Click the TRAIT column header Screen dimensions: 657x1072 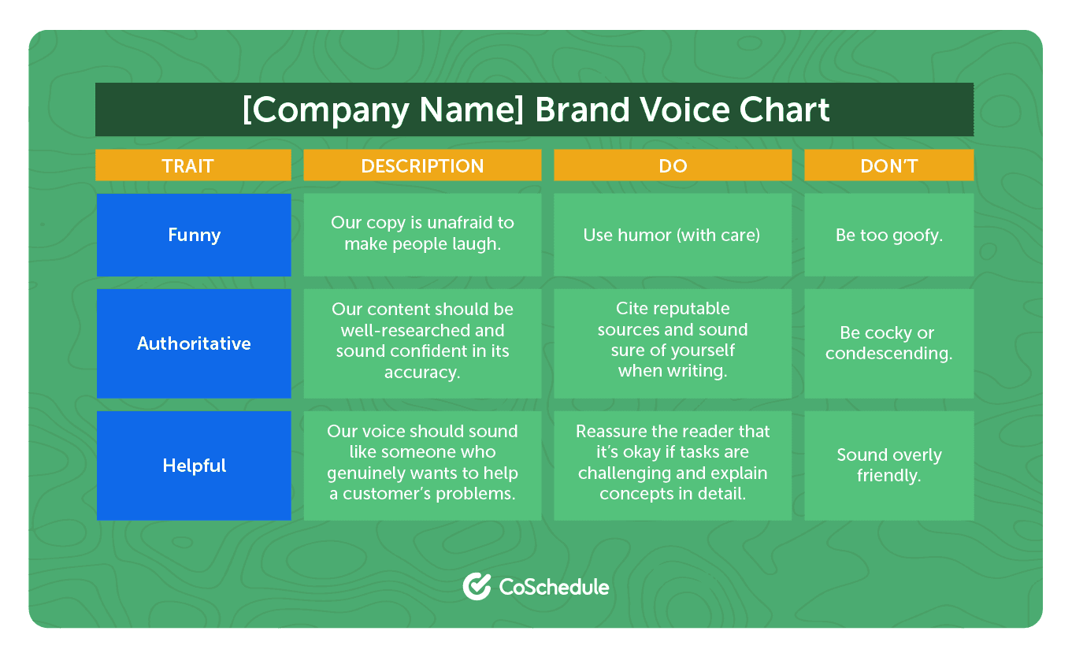point(193,165)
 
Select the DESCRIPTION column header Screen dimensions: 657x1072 point(422,165)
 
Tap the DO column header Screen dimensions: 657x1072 point(673,165)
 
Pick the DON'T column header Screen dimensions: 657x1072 point(888,165)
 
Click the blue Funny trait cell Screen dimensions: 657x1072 point(194,235)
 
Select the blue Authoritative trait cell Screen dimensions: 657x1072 point(194,343)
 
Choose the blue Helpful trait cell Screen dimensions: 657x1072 point(194,466)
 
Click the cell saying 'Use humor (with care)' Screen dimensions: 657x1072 point(672,235)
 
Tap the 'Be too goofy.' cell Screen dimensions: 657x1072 point(888,235)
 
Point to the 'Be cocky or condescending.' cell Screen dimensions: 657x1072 point(888,343)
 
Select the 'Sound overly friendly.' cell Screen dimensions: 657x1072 point(888,466)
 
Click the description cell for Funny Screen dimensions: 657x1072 point(422,234)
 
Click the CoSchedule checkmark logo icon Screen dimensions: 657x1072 point(477,586)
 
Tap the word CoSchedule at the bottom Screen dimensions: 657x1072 point(554,587)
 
